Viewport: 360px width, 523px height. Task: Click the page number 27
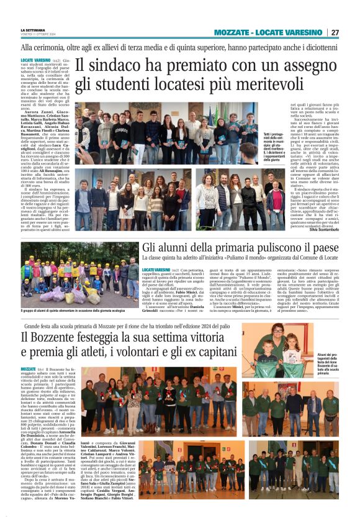click(x=335, y=32)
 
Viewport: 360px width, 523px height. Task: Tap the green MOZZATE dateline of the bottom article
click(x=29, y=369)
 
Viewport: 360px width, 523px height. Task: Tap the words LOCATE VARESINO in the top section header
click(x=292, y=32)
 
